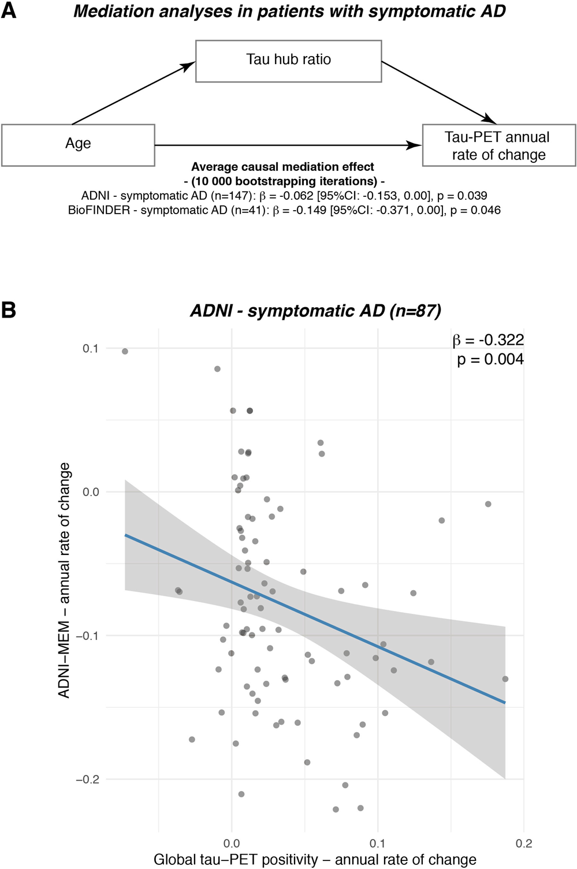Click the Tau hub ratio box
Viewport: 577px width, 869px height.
pyautogui.click(x=288, y=60)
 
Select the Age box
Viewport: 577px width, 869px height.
pyautogui.click(x=78, y=144)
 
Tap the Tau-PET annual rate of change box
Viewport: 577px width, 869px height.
pyautogui.click(x=498, y=146)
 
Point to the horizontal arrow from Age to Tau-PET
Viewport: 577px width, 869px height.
pyautogui.click(x=289, y=146)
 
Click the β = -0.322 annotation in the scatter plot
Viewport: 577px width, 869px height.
pyautogui.click(x=488, y=340)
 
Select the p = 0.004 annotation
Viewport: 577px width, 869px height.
pyautogui.click(x=490, y=359)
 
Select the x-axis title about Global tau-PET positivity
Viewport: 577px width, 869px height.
pyautogui.click(x=315, y=859)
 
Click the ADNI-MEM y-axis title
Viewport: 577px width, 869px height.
pyautogui.click(x=65, y=580)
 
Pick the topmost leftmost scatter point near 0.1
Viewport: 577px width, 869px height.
pyautogui.click(x=125, y=351)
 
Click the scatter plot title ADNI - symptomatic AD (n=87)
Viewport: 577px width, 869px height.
pyautogui.click(x=315, y=311)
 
